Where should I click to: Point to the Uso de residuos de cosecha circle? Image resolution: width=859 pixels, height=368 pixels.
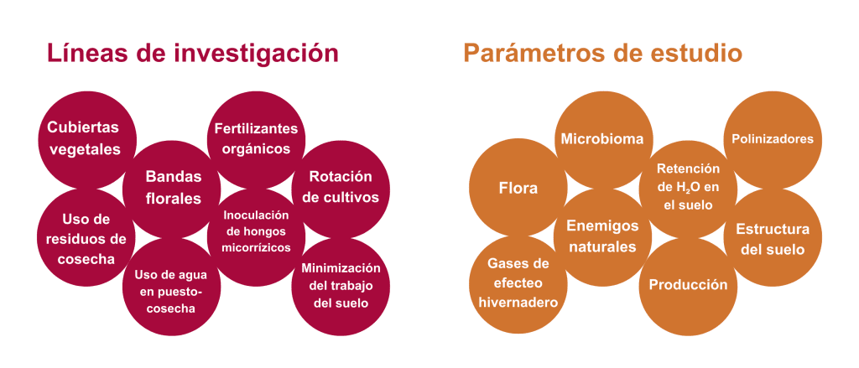[x=86, y=238]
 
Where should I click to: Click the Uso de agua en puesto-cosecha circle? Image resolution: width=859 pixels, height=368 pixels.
[x=171, y=287]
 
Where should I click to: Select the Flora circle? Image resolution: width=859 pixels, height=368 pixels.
[x=518, y=188]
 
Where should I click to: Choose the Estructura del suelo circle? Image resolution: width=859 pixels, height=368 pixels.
[x=773, y=238]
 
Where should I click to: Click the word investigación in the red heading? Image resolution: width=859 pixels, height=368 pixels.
[x=257, y=54]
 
